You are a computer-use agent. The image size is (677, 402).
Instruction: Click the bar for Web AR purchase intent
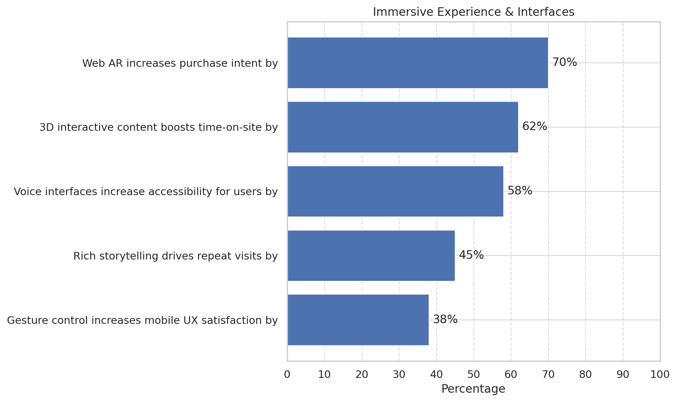coord(418,63)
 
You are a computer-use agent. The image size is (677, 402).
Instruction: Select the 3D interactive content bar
coord(403,127)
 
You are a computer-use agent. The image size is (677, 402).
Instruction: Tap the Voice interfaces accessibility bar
coord(395,191)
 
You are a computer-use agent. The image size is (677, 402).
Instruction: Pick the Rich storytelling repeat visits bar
coord(371,256)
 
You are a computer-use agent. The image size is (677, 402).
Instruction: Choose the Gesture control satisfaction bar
coord(358,320)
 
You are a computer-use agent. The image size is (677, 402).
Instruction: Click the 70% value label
coord(565,62)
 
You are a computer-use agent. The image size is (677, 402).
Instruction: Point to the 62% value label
coord(535,127)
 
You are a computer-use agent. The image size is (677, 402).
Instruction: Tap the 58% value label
coord(520,191)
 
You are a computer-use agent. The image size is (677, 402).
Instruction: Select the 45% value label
coord(471,255)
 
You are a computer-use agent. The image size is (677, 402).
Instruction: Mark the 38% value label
coord(445,319)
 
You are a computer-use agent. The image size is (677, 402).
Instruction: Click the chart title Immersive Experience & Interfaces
coord(473,12)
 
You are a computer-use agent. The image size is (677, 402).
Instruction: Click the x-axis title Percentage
coord(473,389)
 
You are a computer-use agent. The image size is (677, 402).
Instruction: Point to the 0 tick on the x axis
coord(287,374)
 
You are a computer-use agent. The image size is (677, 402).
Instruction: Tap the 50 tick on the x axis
coord(474,374)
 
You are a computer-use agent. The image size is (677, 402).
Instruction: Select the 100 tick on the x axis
coord(660,374)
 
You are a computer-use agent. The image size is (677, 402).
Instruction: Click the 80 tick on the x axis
coord(585,374)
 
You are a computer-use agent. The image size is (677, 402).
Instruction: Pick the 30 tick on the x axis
coord(399,374)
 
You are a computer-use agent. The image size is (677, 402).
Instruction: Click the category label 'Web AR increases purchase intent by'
coord(180,63)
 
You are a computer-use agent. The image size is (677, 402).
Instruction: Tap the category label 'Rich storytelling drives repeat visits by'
coord(175,256)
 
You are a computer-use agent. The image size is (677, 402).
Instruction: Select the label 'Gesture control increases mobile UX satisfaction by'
coord(142,320)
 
